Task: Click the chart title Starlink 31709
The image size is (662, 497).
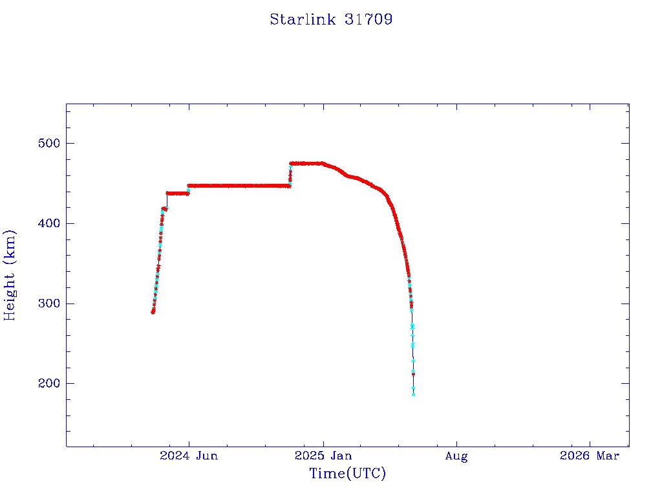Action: click(x=331, y=19)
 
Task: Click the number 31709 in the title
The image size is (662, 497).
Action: click(x=368, y=19)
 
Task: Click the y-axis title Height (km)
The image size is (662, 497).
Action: click(x=10, y=275)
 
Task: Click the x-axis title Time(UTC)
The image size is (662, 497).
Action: click(x=348, y=474)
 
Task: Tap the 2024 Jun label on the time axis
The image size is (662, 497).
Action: click(x=189, y=456)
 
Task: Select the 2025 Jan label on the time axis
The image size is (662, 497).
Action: click(x=323, y=456)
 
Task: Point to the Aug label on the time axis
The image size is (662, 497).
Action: click(x=456, y=456)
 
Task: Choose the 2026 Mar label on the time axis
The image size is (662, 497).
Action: click(x=590, y=456)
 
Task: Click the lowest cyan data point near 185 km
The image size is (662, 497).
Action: click(x=413, y=394)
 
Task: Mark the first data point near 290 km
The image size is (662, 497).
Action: click(x=153, y=312)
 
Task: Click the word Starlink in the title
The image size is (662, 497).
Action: click(x=302, y=19)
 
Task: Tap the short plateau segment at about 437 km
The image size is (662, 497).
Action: click(x=177, y=193)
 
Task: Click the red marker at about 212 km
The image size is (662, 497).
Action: click(x=413, y=374)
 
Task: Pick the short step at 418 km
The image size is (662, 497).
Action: click(x=165, y=208)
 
